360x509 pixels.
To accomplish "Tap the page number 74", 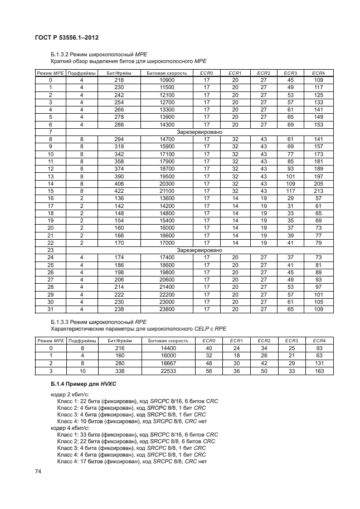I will pyautogui.click(x=38, y=472).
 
